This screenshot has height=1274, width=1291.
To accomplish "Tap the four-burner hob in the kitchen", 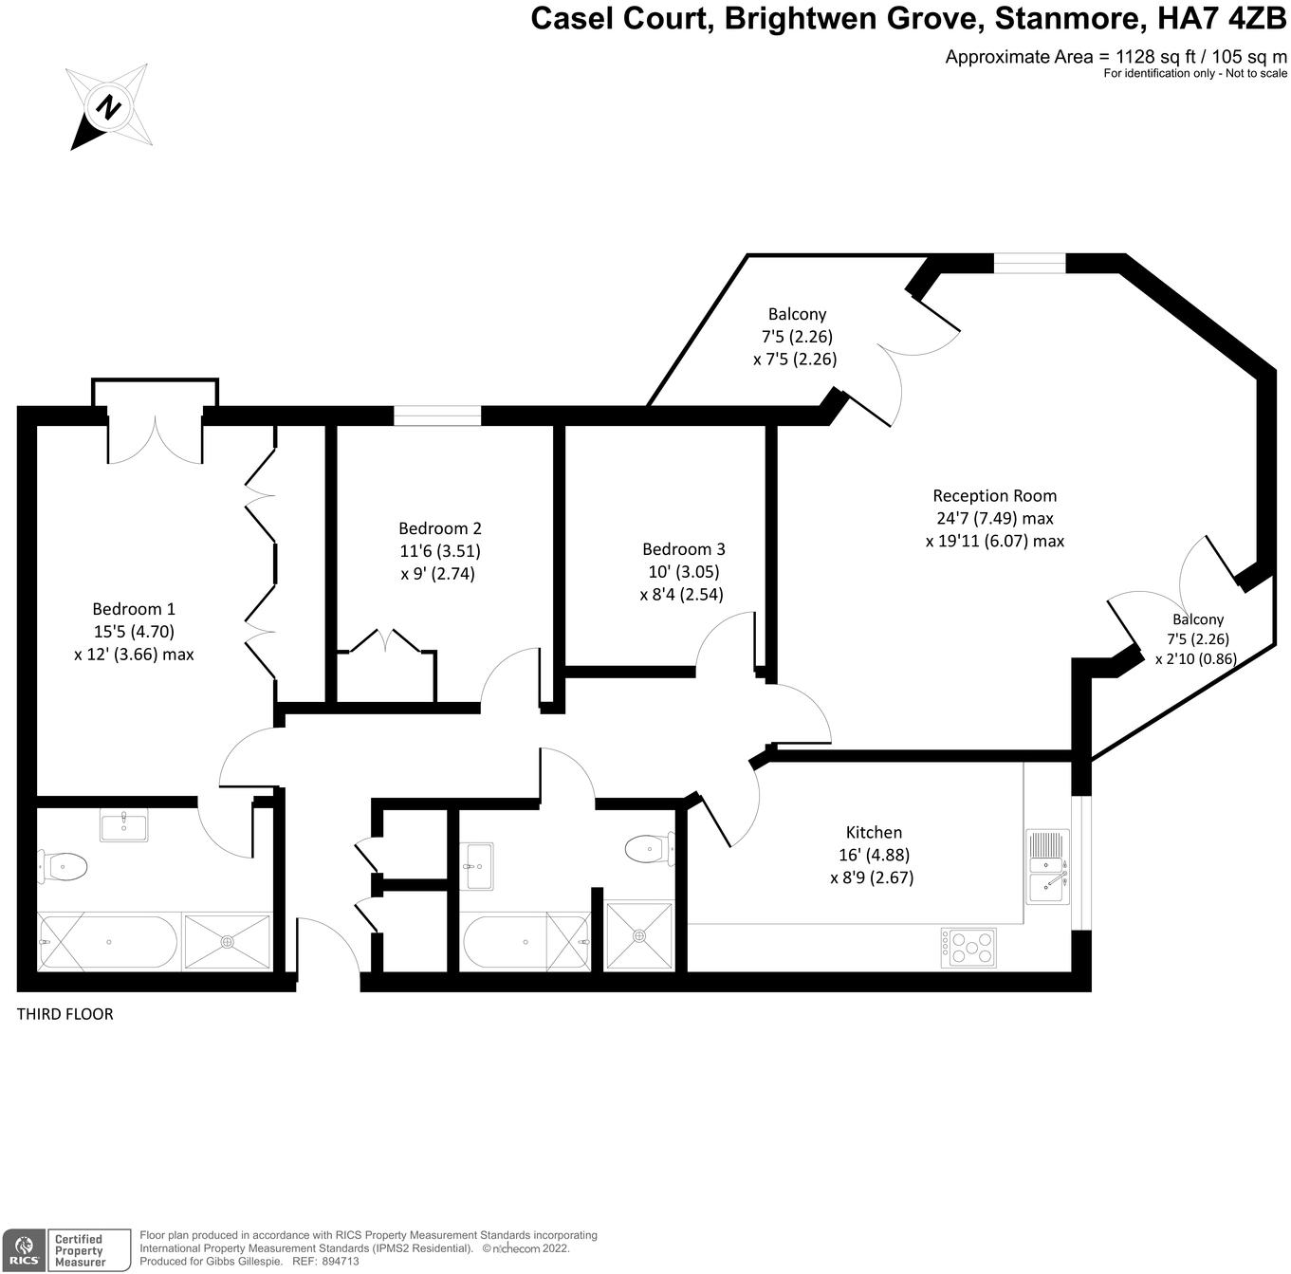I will (x=968, y=947).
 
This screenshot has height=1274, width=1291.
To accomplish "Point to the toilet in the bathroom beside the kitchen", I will (x=650, y=848).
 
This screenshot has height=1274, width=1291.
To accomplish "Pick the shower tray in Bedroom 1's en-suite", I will (x=228, y=942).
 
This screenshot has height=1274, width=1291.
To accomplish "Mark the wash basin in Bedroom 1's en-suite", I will (x=124, y=824).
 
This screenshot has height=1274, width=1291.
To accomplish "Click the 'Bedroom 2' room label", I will (x=439, y=528).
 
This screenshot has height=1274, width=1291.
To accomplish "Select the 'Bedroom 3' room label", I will (x=683, y=549).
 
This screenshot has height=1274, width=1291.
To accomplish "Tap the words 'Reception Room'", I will (x=994, y=495).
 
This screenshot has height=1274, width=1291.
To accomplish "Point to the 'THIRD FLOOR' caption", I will (x=65, y=1014).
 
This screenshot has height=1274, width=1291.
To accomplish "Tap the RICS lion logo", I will (x=24, y=1249).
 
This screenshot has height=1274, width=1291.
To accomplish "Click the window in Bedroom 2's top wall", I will (x=437, y=415).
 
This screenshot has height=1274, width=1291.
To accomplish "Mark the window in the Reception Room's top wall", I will (x=1029, y=264).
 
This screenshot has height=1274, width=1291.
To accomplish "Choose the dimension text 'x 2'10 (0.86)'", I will (x=1195, y=658).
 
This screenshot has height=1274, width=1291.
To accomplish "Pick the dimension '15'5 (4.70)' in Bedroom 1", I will (x=133, y=631).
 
